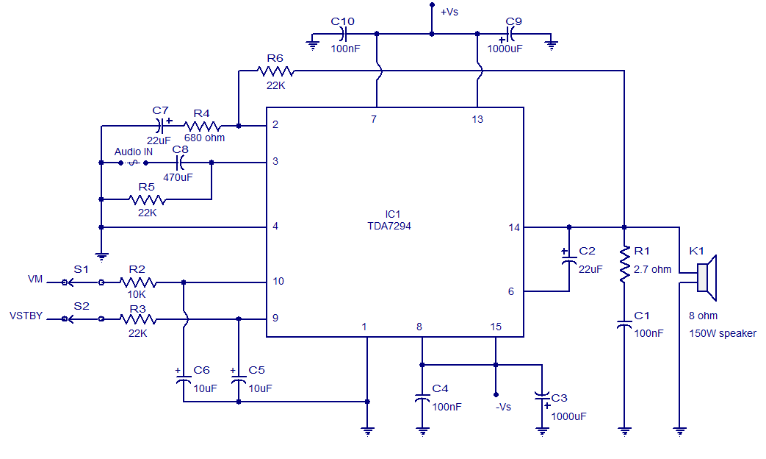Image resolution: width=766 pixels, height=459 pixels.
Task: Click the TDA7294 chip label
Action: point(389,227)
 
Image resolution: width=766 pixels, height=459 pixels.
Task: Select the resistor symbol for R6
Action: point(276,71)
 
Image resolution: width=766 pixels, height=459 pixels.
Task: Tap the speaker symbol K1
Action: point(706,277)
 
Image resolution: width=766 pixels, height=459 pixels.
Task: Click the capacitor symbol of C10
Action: point(343,34)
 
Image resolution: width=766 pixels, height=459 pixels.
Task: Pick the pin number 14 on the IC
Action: point(514,227)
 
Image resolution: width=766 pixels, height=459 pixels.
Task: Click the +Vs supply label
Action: point(450,12)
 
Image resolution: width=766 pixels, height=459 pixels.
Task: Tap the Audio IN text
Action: point(134,152)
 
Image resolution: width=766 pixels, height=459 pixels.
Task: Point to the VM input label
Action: point(35,279)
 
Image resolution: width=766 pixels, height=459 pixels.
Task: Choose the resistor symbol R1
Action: point(624,266)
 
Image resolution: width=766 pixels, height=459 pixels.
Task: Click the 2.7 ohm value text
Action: point(652,269)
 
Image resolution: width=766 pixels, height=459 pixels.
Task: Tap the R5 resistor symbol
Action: point(147,199)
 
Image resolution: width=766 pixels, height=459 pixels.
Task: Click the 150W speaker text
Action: point(722,333)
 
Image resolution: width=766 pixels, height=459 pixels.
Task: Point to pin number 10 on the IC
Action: point(278,282)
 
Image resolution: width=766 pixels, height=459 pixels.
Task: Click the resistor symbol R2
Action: point(137,282)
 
